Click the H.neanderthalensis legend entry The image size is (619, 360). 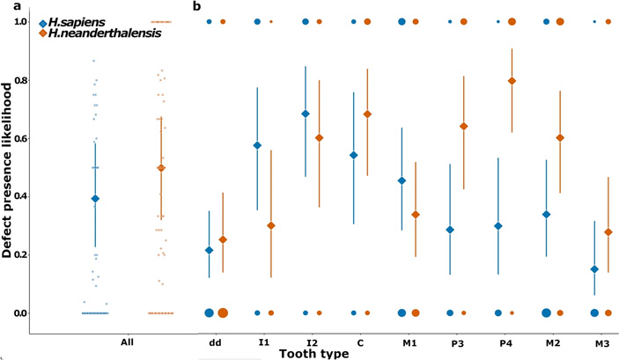[x=95, y=33]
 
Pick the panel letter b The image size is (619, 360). [x=196, y=7]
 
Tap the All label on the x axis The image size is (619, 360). [x=126, y=342]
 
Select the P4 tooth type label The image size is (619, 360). [x=505, y=342]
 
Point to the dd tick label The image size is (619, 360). [x=216, y=342]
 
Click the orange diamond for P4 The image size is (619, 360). [x=512, y=81]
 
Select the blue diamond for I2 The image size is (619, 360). [x=306, y=114]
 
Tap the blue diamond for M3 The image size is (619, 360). [x=594, y=269]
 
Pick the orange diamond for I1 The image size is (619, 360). [x=271, y=225]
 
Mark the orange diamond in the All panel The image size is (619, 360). [x=161, y=168]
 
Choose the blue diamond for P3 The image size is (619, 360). [x=450, y=230]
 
